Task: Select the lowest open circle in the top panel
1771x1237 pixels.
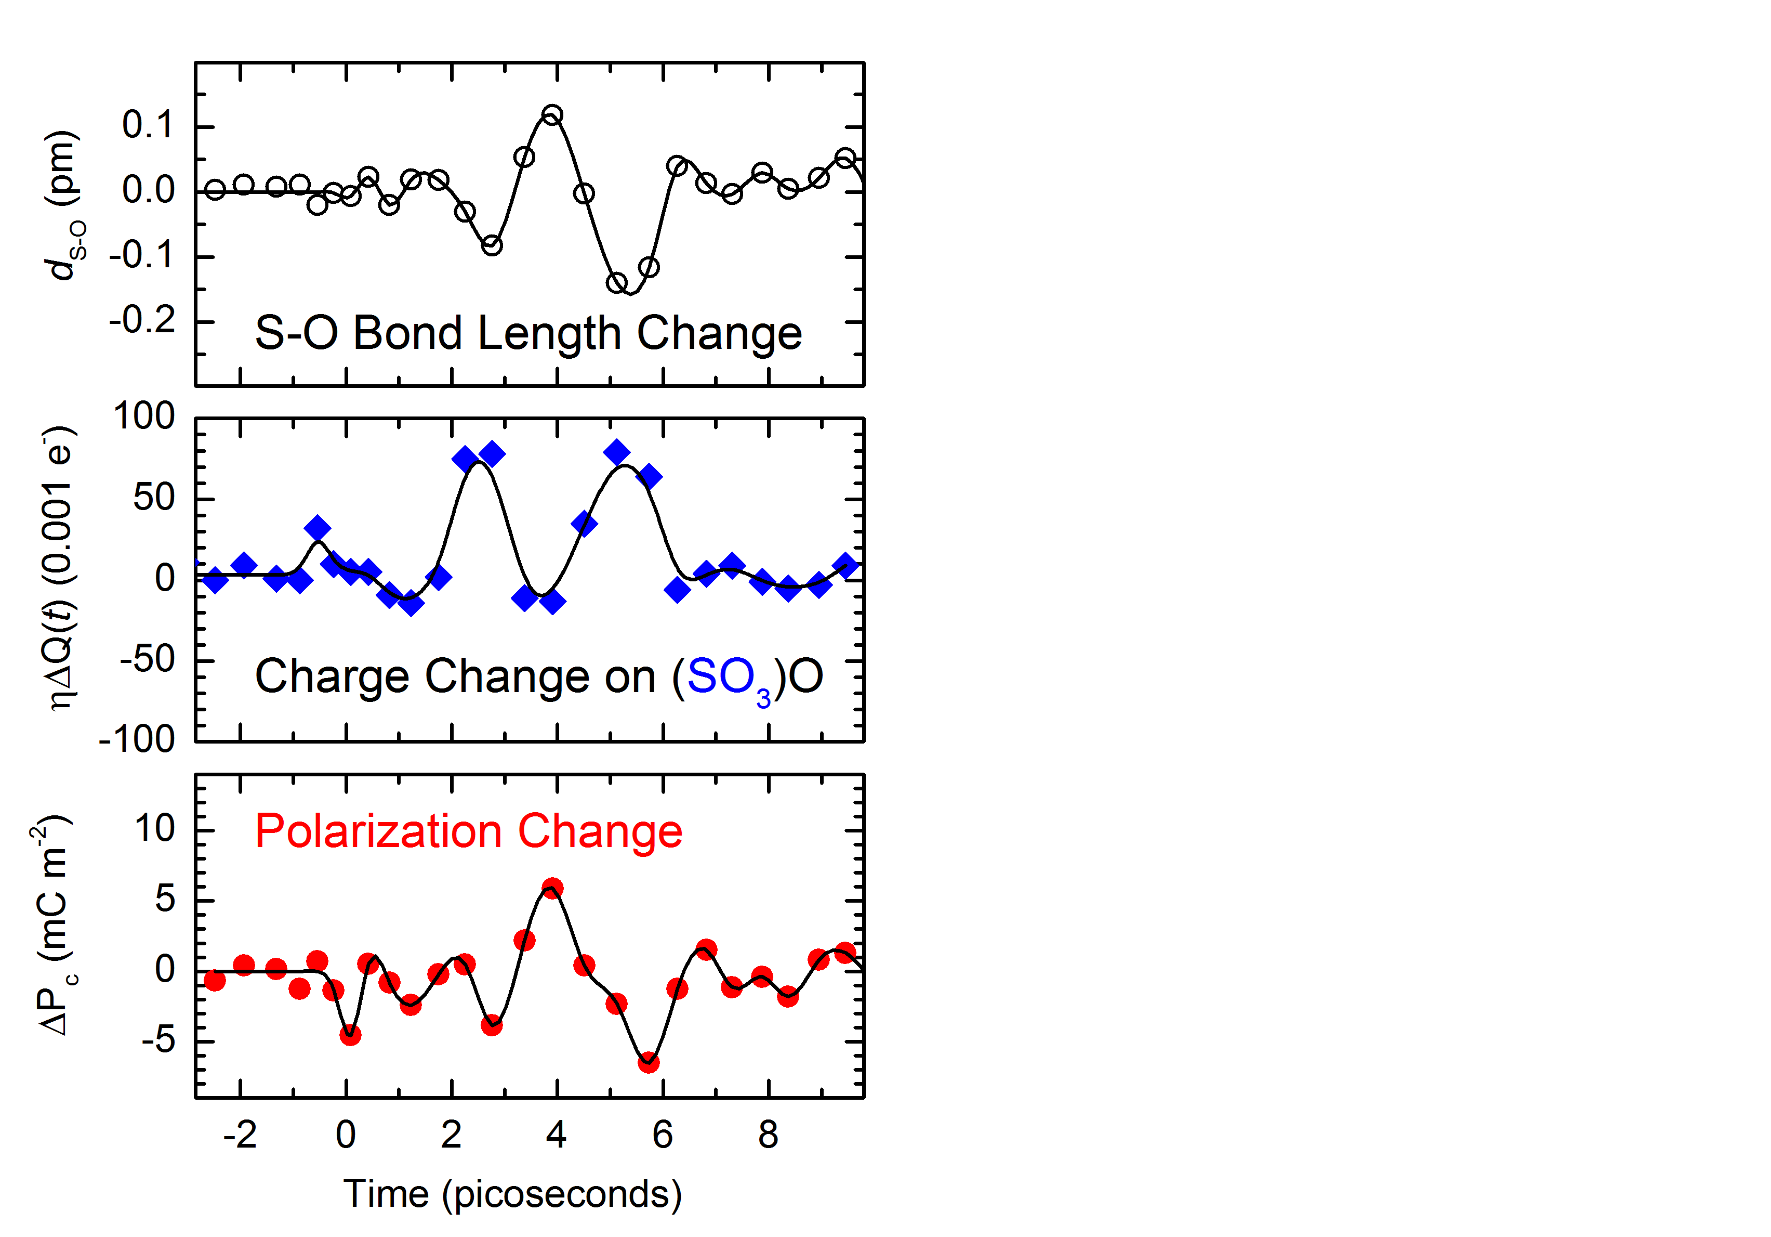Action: [x=616, y=283]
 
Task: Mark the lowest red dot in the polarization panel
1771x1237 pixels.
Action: [x=649, y=1063]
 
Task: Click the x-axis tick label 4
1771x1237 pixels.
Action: [x=556, y=1135]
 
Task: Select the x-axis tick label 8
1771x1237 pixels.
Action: [x=768, y=1135]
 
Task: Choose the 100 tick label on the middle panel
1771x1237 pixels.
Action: [x=144, y=416]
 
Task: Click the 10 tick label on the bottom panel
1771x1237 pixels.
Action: [x=155, y=829]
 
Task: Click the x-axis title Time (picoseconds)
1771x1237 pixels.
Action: [x=512, y=1194]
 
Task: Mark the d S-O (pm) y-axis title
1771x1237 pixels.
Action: [x=64, y=204]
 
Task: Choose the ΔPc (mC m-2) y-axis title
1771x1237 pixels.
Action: [x=54, y=926]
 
